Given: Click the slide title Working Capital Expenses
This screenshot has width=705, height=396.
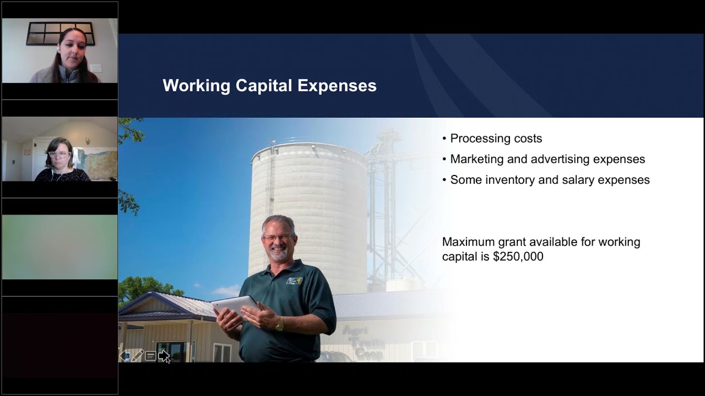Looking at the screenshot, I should (269, 86).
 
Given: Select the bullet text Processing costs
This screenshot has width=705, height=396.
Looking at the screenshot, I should (496, 139).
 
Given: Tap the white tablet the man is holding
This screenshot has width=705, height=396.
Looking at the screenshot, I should (234, 306).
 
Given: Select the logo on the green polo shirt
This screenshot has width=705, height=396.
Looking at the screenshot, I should (294, 280).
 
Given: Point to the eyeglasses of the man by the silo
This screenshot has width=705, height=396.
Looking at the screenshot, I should (278, 238).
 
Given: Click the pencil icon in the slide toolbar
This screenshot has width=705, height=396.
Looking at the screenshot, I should (138, 356).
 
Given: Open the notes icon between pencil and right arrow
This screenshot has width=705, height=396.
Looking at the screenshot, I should (150, 356).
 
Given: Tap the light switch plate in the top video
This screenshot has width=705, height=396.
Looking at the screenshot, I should (96, 68).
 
